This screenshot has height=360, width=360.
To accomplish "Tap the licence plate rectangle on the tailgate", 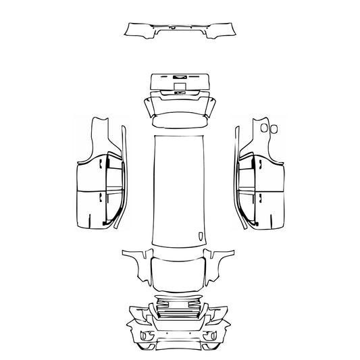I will point(180,86).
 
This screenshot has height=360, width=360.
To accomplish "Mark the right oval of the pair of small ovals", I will point(274,127).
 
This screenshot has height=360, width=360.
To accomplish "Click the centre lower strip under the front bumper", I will point(180,346).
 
